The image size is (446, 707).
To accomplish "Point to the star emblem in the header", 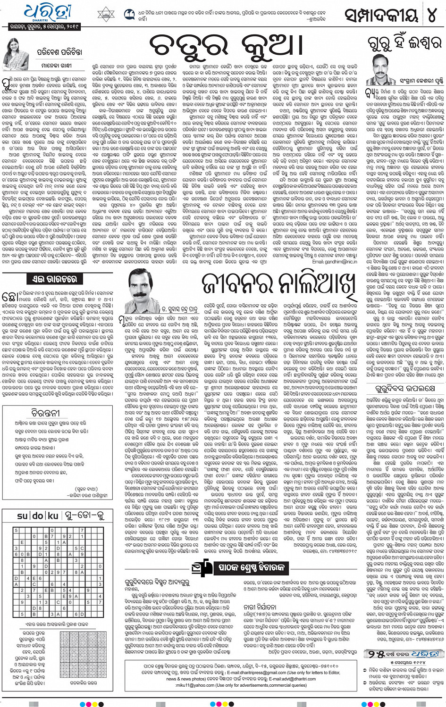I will pyautogui.click(x=106, y=15).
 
